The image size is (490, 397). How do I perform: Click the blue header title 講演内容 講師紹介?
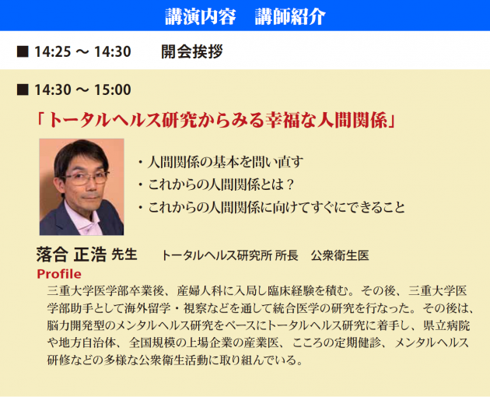point(245,16)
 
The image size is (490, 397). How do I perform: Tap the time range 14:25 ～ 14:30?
point(82,51)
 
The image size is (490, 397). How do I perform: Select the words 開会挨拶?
point(192,51)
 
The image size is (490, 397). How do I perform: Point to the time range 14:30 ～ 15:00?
point(82,90)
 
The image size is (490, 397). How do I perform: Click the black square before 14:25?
point(23,52)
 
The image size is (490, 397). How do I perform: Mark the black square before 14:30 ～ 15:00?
point(23,90)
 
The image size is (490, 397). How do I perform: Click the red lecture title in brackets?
point(216,120)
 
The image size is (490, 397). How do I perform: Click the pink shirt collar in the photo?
point(82,219)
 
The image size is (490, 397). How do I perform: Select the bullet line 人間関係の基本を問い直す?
point(221,162)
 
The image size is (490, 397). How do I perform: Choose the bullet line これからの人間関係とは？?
point(216,184)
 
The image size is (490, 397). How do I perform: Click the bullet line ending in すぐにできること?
point(271,207)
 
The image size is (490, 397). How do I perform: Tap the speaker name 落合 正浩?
point(72,255)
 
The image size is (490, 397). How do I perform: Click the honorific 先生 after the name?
point(124,255)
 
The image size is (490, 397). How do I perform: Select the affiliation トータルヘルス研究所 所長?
point(229,255)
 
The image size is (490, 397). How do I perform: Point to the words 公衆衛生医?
point(340,255)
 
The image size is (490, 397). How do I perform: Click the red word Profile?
point(59,274)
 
